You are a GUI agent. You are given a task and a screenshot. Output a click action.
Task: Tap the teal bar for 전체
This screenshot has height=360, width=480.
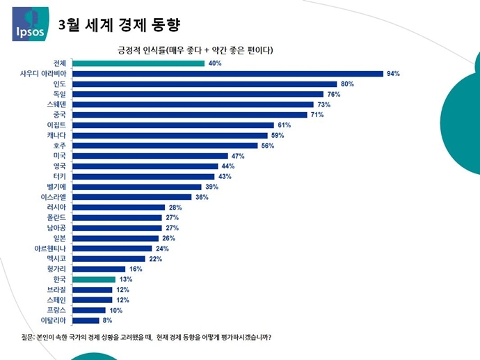click(x=139, y=63)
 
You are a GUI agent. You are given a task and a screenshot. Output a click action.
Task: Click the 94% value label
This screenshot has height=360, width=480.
click(x=393, y=73)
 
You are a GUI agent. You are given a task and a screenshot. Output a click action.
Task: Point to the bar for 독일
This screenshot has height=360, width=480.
click(x=199, y=94)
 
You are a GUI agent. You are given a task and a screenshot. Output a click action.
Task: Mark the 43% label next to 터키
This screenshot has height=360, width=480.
click(x=224, y=176)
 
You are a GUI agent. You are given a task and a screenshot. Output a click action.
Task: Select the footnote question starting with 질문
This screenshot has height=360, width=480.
click(x=146, y=338)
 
